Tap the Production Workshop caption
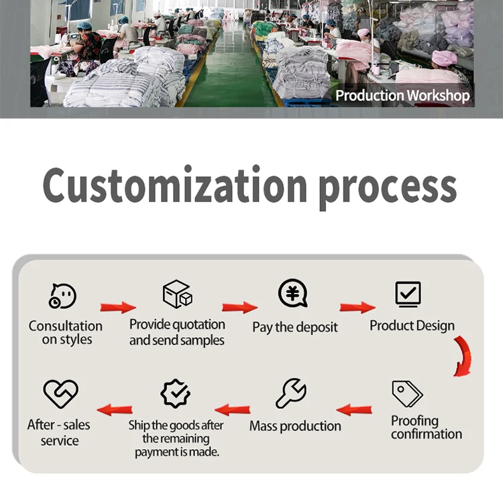(402, 96)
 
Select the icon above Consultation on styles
(62, 296)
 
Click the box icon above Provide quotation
(177, 294)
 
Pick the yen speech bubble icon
(293, 294)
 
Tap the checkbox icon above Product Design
(408, 294)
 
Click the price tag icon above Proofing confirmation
(407, 393)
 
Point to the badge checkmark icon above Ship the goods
(176, 393)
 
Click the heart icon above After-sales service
(60, 393)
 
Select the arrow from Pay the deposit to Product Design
(357, 308)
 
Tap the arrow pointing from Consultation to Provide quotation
(118, 308)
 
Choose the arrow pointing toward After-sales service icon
(115, 409)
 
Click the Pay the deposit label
(295, 327)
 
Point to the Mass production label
(295, 426)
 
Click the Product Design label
(412, 326)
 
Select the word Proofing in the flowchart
(414, 421)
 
